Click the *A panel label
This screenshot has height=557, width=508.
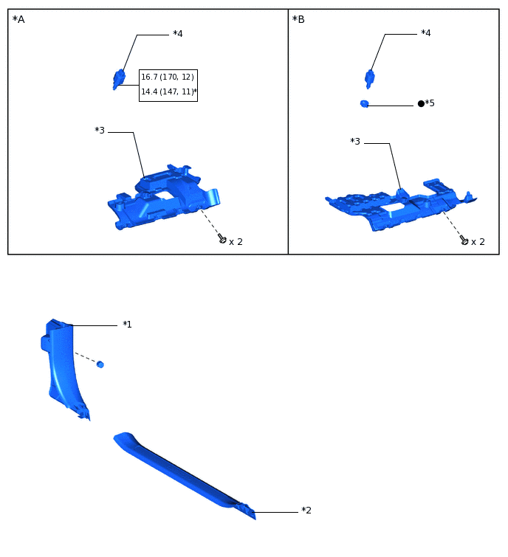click(18, 19)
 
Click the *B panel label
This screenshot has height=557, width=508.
click(298, 19)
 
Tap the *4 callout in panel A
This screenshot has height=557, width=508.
click(177, 34)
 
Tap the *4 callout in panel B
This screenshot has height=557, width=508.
click(425, 33)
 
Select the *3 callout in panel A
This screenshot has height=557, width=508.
click(100, 131)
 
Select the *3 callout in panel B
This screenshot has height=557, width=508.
click(355, 141)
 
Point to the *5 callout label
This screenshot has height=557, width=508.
click(429, 103)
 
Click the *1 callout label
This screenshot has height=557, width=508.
click(127, 324)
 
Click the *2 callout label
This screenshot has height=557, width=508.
click(306, 511)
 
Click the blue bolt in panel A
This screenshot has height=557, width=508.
click(119, 78)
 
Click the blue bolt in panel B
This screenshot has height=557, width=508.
click(370, 77)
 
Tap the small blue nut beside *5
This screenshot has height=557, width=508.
click(364, 104)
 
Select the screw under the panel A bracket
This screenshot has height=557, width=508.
click(222, 238)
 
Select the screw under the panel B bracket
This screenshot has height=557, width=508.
click(464, 240)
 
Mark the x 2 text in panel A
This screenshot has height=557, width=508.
click(236, 242)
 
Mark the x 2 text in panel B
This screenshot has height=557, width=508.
click(478, 242)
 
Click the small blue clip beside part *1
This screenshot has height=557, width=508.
click(100, 364)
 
